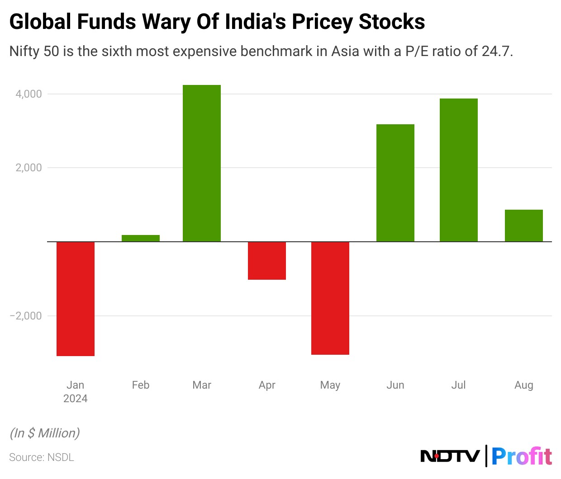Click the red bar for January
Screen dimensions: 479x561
click(x=76, y=299)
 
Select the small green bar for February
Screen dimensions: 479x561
click(x=141, y=238)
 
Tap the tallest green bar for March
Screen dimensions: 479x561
click(x=202, y=163)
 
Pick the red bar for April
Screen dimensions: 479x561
click(x=267, y=261)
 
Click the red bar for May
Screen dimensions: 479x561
click(x=330, y=298)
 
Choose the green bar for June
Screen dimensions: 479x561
click(x=395, y=183)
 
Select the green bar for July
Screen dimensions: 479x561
click(x=459, y=170)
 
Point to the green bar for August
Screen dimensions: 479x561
click(x=524, y=225)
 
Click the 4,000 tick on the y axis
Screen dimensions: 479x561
click(x=29, y=94)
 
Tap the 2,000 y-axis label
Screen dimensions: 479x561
click(x=29, y=168)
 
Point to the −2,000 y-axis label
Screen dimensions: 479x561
click(x=26, y=316)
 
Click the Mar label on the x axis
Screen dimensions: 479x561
click(x=202, y=385)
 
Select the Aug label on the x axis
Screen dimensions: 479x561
click(x=524, y=385)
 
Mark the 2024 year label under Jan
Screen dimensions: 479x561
click(x=76, y=399)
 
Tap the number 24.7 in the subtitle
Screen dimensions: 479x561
click(x=496, y=51)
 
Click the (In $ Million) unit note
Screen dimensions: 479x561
click(x=45, y=433)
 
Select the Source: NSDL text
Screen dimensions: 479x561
click(x=42, y=457)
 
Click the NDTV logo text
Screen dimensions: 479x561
click(x=450, y=456)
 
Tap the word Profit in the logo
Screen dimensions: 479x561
click(x=521, y=456)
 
